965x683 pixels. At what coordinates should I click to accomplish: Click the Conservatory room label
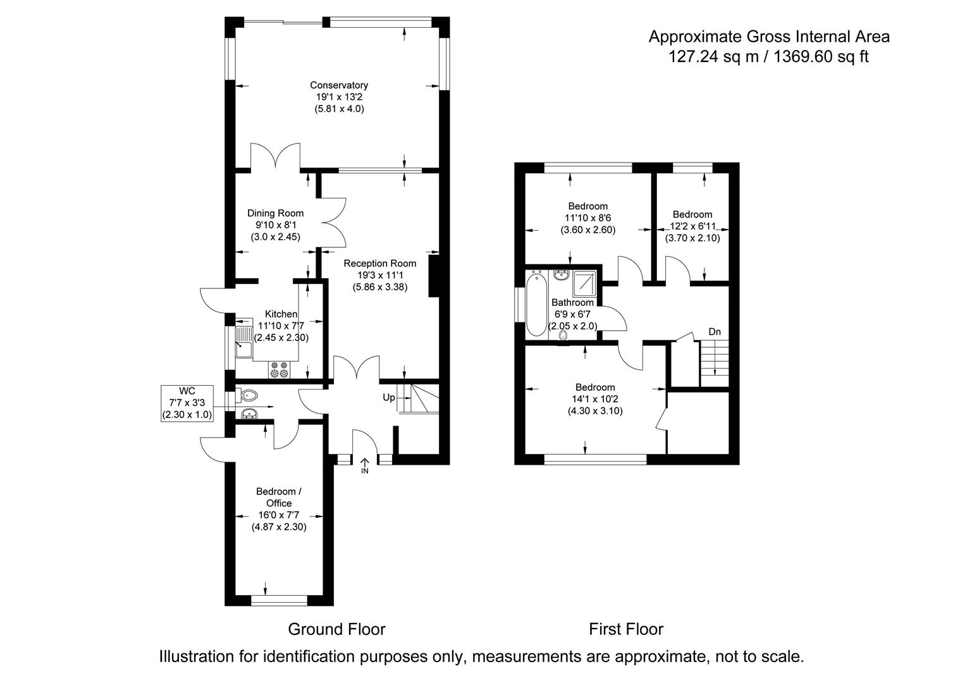pos(338,85)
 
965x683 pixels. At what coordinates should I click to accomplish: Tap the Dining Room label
pos(275,213)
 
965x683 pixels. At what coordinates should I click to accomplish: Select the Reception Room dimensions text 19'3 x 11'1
pos(379,275)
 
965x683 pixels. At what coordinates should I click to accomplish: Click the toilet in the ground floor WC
pos(248,396)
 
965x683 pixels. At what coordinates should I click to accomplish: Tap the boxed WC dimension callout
pos(187,403)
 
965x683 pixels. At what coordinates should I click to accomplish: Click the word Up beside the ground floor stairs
pos(389,398)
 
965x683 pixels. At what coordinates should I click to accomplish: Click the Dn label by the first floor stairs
pos(715,331)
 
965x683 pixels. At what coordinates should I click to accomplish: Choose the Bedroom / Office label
pos(275,497)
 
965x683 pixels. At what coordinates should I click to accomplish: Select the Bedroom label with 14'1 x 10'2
pos(594,387)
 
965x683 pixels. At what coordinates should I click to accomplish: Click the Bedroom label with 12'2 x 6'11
pos(692,214)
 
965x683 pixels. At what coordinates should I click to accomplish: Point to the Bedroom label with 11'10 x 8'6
pos(587,206)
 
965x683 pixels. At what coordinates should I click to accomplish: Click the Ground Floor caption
pos(336,629)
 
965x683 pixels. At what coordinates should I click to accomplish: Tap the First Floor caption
pos(625,629)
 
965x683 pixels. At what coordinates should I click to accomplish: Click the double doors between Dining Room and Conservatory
pos(276,158)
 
